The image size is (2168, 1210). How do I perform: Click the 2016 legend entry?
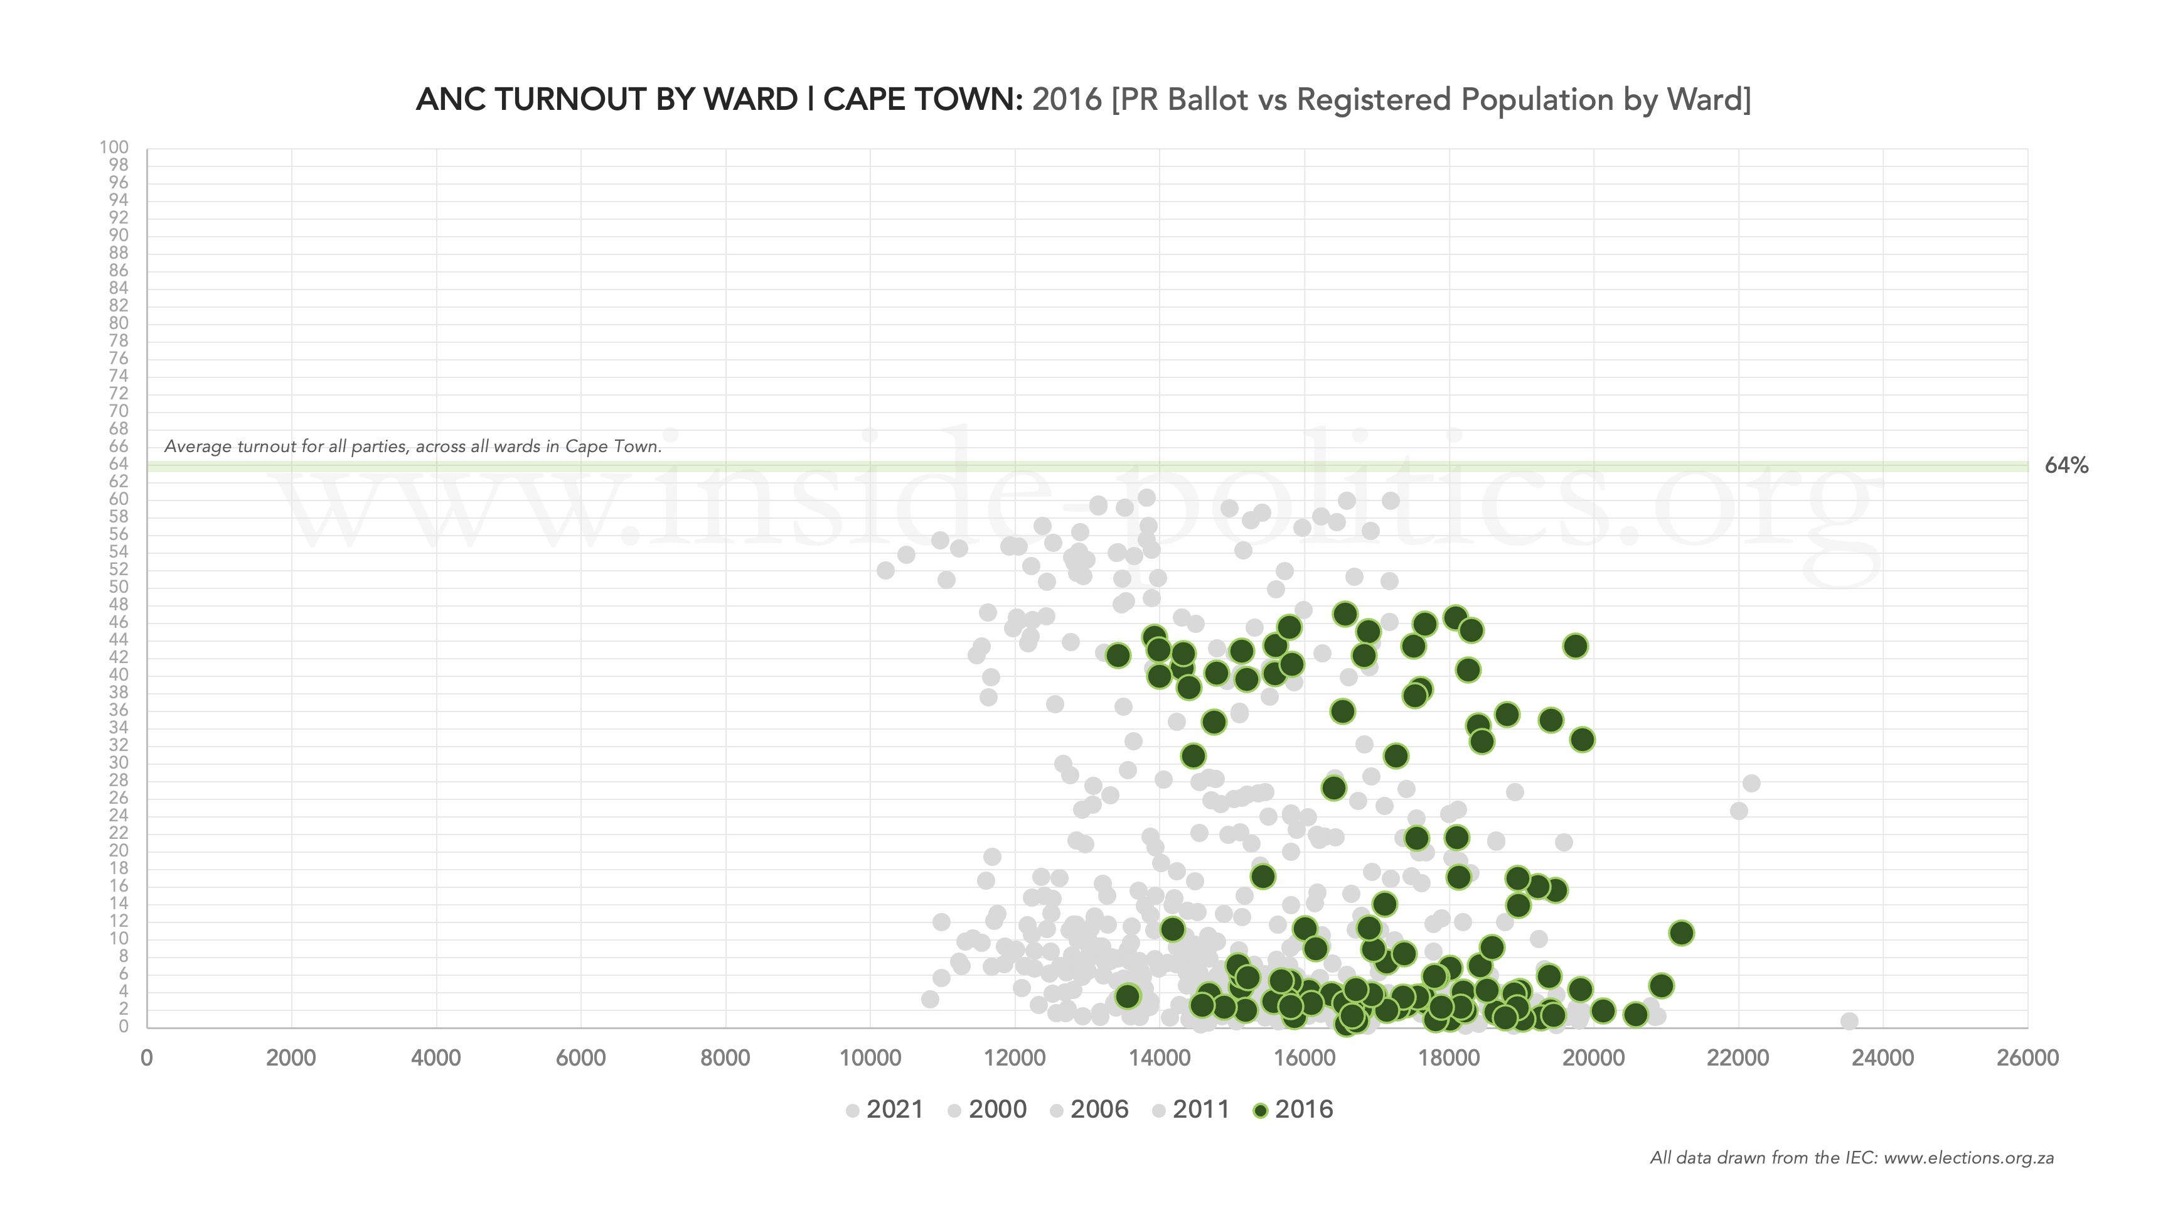point(1293,1110)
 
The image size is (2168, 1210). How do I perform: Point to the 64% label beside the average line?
point(2066,466)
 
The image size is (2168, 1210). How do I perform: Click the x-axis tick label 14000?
point(1159,1059)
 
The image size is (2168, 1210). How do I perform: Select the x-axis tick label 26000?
point(2027,1059)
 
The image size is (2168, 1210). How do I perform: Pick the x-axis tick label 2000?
point(291,1059)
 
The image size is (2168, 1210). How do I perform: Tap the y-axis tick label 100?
point(114,148)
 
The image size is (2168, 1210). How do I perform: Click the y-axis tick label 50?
point(118,587)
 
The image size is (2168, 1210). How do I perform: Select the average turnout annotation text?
point(412,446)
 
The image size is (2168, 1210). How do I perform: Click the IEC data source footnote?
point(1852,1158)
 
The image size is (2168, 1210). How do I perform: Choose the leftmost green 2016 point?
point(1118,655)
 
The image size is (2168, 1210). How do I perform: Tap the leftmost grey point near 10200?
point(885,570)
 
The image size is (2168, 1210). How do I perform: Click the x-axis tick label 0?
point(146,1059)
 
